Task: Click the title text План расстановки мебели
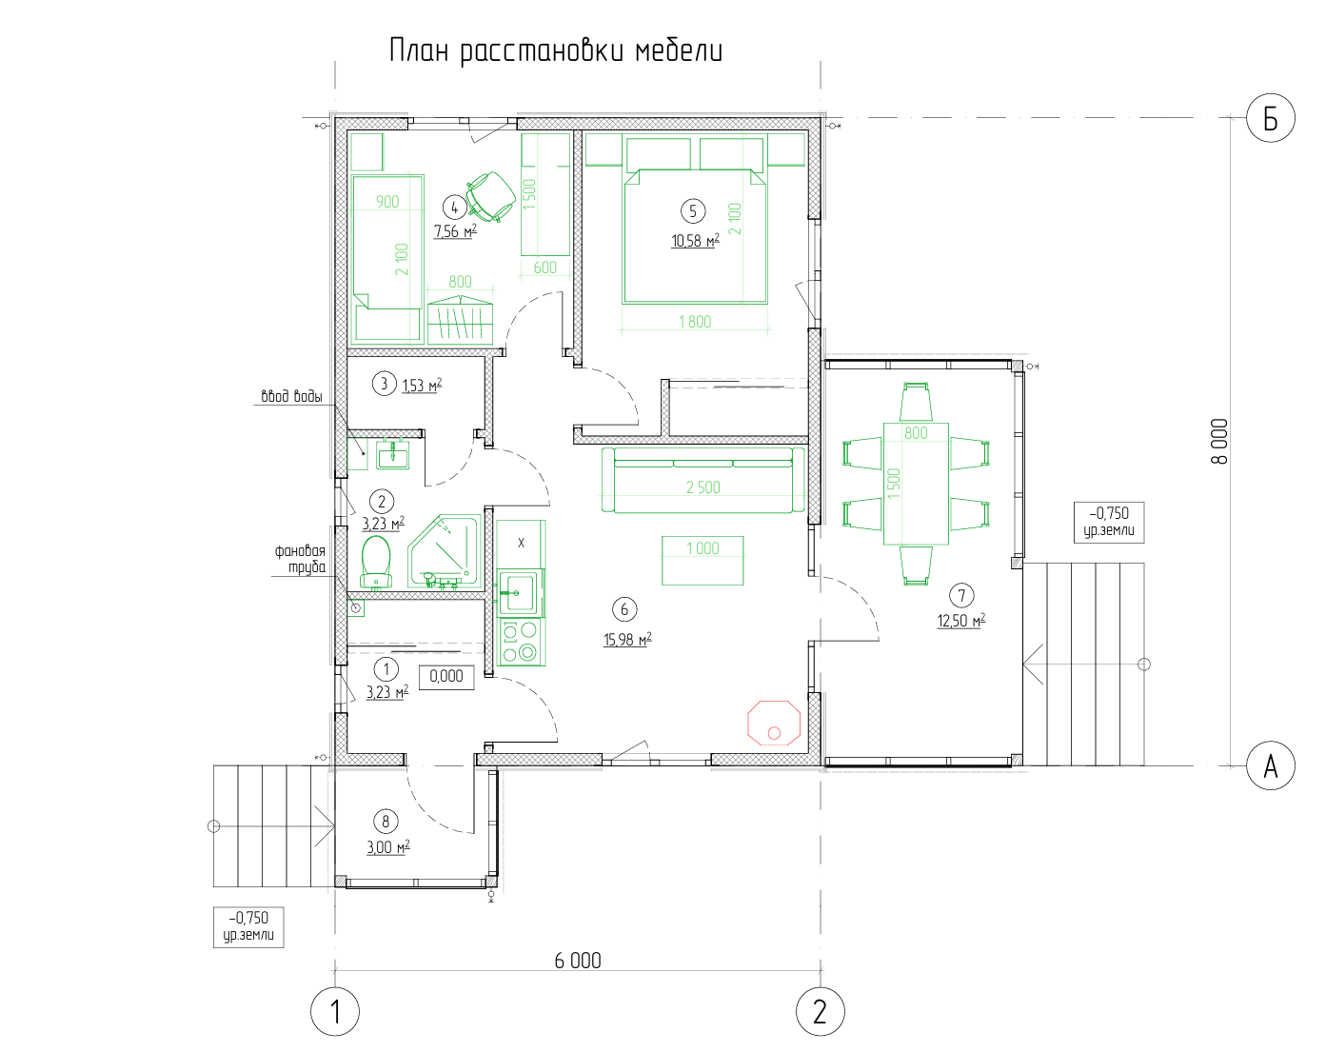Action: pos(556,50)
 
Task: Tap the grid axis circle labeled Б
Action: pos(1271,118)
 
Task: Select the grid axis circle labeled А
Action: pos(1271,765)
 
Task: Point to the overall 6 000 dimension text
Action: pos(578,961)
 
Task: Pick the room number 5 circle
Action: pos(693,211)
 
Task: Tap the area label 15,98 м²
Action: pos(627,639)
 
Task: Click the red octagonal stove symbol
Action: pos(774,723)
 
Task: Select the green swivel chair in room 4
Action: pos(490,196)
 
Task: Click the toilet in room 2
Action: pos(376,562)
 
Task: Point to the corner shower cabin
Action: pos(444,551)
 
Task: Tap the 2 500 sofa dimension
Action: pos(703,487)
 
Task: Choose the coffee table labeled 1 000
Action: pos(703,560)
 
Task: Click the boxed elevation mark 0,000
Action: pos(446,677)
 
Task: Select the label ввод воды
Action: pos(291,396)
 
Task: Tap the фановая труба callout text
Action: pos(300,559)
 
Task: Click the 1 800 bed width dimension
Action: pos(695,322)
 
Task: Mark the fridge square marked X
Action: pos(521,543)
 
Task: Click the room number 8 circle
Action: pos(386,822)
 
